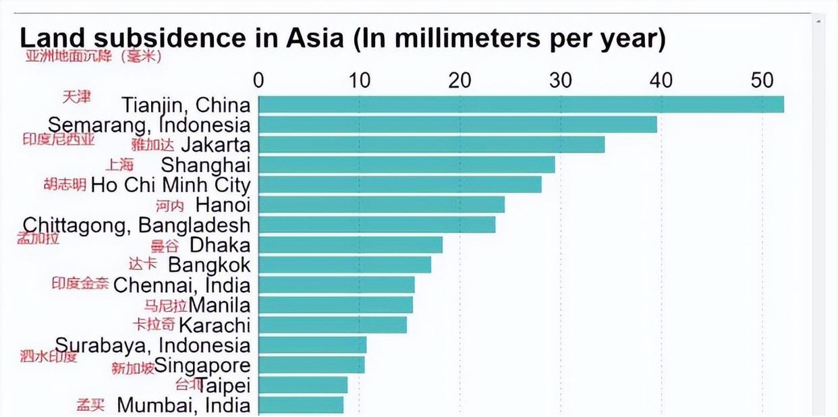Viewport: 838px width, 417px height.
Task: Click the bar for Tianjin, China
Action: pos(521,105)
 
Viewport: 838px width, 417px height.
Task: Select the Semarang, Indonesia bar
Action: pos(457,124)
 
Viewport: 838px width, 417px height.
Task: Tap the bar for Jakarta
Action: pos(431,144)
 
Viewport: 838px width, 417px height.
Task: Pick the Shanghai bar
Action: pos(406,164)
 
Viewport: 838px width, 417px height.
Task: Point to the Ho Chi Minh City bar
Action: pos(399,184)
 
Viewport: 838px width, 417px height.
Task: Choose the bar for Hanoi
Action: pos(381,204)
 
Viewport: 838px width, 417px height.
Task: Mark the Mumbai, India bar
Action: pos(301,405)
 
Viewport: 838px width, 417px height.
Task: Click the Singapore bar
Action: pos(311,365)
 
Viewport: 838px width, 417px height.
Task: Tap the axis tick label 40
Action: pos(661,80)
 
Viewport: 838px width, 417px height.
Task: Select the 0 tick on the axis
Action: pos(258,80)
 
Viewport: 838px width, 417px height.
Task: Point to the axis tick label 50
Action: pos(762,80)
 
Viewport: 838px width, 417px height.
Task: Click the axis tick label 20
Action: pos(459,80)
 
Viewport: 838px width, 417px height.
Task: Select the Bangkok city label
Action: pos(209,265)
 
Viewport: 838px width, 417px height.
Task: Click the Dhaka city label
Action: pos(219,244)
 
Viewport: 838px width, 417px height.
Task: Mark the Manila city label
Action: pos(219,304)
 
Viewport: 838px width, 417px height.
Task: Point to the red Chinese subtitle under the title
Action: pos(93,57)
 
